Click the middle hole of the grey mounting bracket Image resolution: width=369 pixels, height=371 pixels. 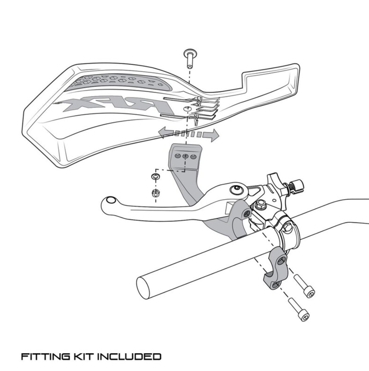(186, 156)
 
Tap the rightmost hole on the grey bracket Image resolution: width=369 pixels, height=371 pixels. (193, 156)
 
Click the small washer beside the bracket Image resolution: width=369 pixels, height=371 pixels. (155, 176)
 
